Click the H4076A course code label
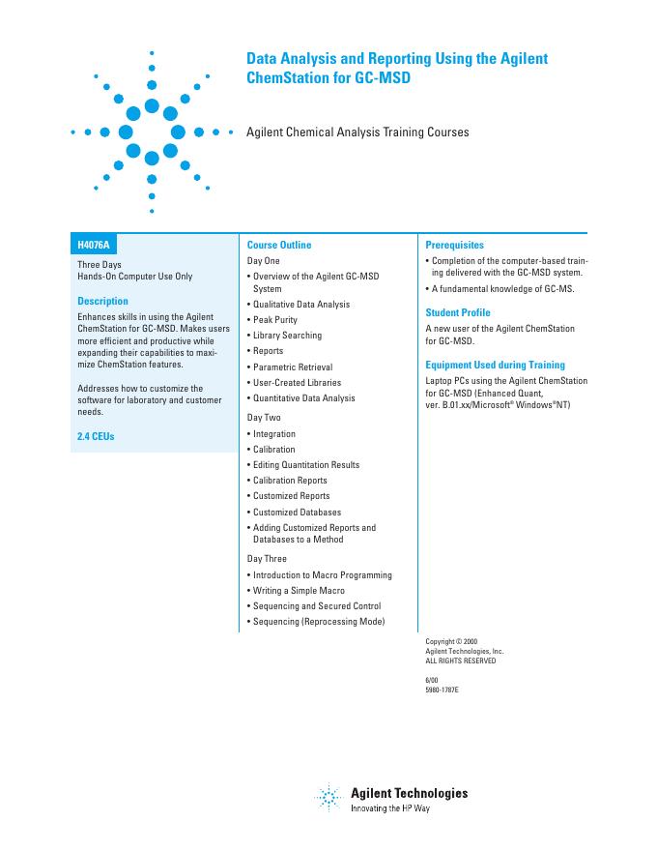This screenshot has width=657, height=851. point(94,246)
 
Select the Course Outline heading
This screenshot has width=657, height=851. point(279,246)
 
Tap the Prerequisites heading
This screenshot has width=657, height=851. point(455,246)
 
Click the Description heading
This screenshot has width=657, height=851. point(102,302)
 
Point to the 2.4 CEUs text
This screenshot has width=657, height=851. point(96,437)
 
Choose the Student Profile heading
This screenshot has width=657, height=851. point(458,313)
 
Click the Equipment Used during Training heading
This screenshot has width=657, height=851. point(496,366)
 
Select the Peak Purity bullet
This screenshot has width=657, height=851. point(274,320)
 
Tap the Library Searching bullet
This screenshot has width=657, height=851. point(287,336)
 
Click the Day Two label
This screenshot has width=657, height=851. point(264,417)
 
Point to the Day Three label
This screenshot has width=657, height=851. point(267,558)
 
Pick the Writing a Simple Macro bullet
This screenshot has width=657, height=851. point(298,591)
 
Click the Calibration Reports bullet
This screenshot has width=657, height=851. point(289,481)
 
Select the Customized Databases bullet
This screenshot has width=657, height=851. point(297,513)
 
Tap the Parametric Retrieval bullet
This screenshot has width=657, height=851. point(292,367)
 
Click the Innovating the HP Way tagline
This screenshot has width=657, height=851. point(389,807)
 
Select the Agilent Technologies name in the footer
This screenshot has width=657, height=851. point(409,793)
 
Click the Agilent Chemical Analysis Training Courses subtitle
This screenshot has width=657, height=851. point(357,132)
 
